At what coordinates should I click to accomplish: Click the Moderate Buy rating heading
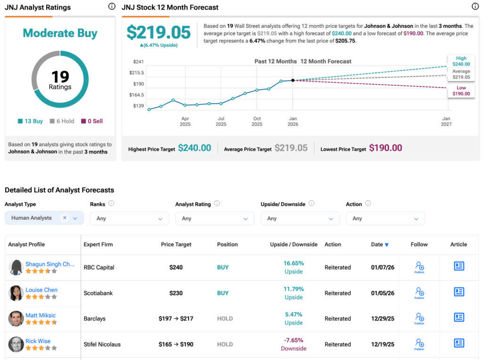click(x=60, y=33)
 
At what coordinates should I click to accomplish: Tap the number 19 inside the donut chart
click(x=60, y=76)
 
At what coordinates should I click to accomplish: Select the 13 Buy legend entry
click(x=30, y=121)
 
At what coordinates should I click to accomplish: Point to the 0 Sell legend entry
click(x=92, y=121)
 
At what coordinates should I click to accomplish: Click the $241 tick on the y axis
click(x=138, y=62)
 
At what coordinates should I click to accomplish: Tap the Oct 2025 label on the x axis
click(x=257, y=122)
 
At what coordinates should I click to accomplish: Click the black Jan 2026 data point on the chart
click(x=293, y=81)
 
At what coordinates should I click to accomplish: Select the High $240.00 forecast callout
click(x=461, y=61)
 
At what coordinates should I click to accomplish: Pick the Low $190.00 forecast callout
click(x=461, y=91)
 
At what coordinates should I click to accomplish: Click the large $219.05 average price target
click(x=158, y=33)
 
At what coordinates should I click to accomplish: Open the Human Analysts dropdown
click(x=44, y=218)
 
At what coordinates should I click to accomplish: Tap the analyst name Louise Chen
click(x=41, y=290)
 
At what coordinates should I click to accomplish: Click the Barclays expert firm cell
click(x=94, y=319)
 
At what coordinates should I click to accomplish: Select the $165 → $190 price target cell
click(x=176, y=344)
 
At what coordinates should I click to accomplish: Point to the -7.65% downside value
click(x=293, y=340)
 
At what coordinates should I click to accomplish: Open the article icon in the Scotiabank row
click(x=458, y=292)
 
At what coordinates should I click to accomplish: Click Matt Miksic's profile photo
click(x=16, y=319)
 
